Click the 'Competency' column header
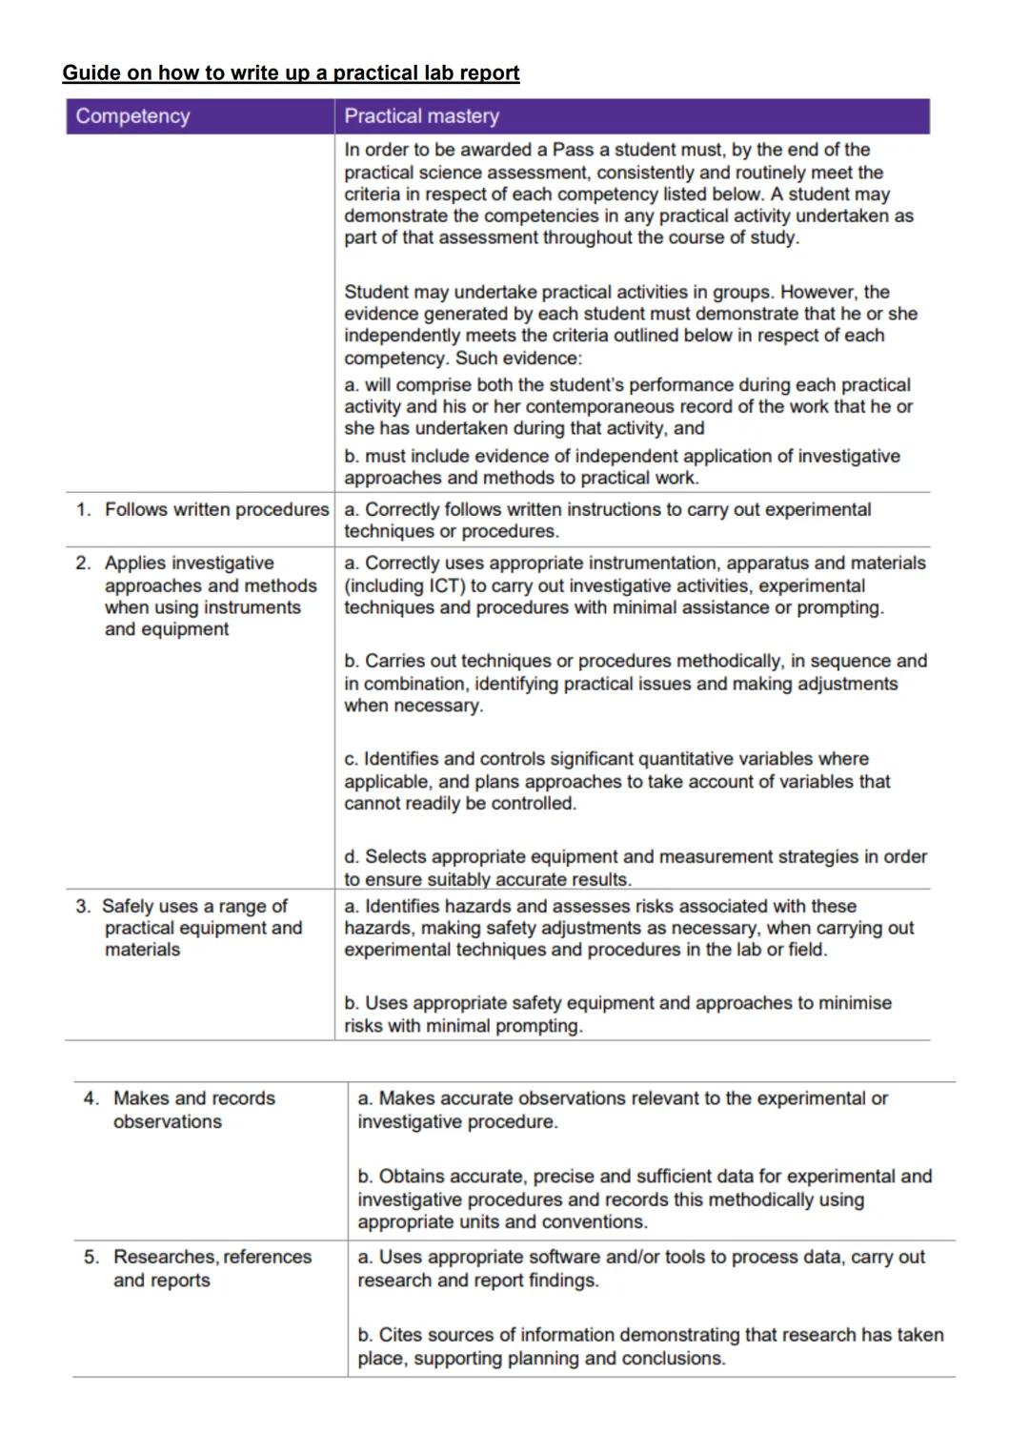[x=132, y=116]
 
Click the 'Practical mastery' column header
[x=421, y=116]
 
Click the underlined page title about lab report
[x=291, y=73]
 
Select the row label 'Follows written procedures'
[x=216, y=510]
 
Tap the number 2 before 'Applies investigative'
[x=82, y=564]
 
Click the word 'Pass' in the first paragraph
[x=574, y=150]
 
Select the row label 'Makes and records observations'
[x=193, y=1110]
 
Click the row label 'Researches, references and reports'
[x=212, y=1268]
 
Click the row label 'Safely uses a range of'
[x=194, y=906]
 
